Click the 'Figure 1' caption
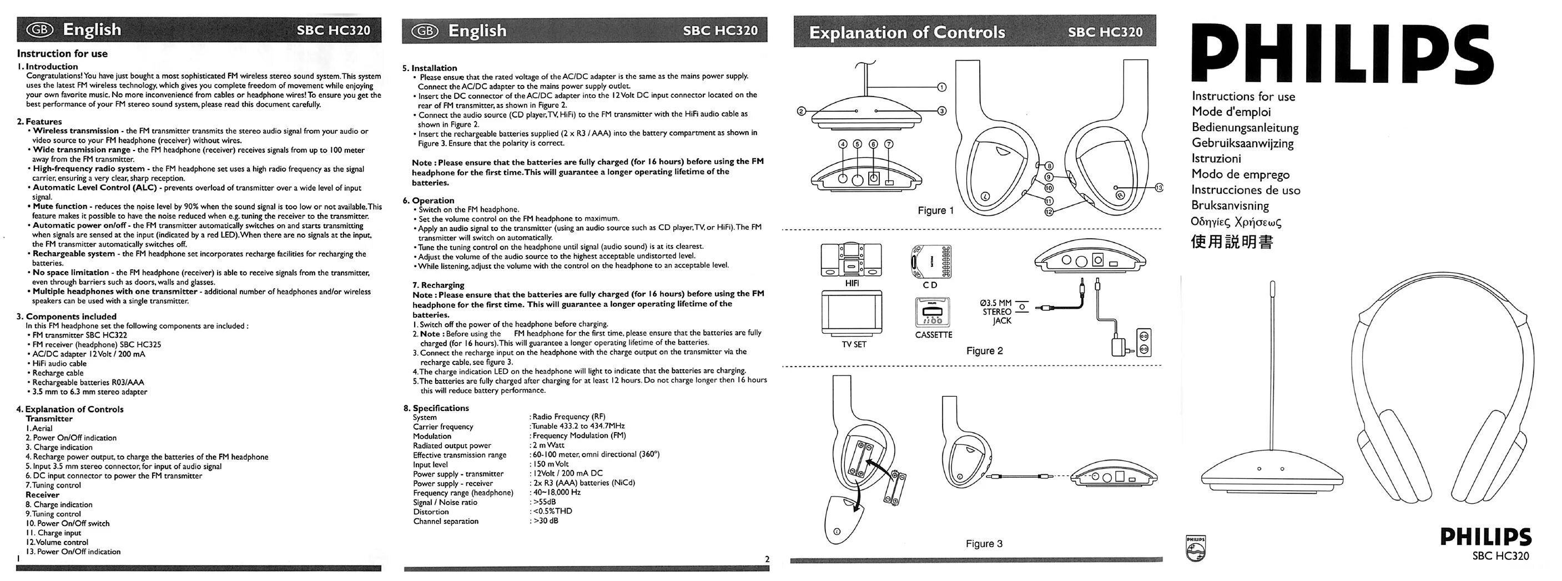pos(936,211)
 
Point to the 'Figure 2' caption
pos(985,350)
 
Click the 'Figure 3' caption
pos(984,543)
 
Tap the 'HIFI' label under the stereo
pos(852,283)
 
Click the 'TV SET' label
pos(854,344)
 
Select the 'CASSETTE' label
pos(934,335)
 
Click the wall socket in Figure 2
pos(1143,343)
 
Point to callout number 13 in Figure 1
pos(1160,188)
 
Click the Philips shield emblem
pos(1196,548)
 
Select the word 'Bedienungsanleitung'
pos(1245,128)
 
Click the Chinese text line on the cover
pos(1232,242)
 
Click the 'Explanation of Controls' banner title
pos(907,32)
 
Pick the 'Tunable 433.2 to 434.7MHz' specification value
pos(578,427)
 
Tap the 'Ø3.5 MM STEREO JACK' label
pos(997,311)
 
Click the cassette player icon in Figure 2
pos(932,312)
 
